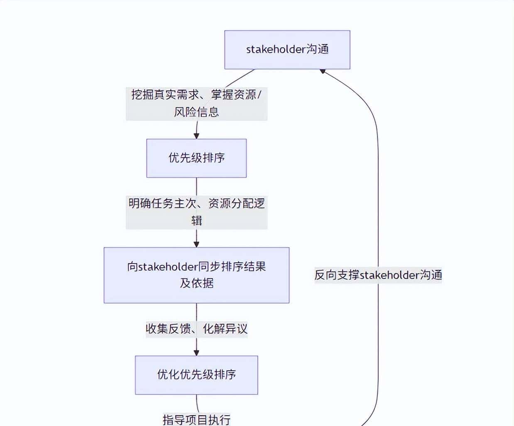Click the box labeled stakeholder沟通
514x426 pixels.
(287, 49)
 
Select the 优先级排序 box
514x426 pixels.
(196, 158)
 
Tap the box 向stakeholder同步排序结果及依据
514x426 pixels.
(196, 275)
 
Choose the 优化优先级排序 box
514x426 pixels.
(196, 375)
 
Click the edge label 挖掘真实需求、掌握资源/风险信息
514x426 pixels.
(196, 103)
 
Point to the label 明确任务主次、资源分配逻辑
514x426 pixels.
(196, 212)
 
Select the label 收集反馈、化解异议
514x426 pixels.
(196, 329)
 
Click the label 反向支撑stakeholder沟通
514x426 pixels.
(378, 275)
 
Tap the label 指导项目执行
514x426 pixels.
(196, 419)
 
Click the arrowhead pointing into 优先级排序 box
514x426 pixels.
(196, 136)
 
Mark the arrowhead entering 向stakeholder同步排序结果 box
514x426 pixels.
(196, 244)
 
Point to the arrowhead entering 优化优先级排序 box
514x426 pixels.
(196, 353)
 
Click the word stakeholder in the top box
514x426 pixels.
(276, 49)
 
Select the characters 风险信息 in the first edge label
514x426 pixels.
(196, 112)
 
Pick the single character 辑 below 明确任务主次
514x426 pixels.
(196, 220)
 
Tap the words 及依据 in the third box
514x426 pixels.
(196, 283)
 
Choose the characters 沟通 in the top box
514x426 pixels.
(318, 49)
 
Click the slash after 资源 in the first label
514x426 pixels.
(259, 95)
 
